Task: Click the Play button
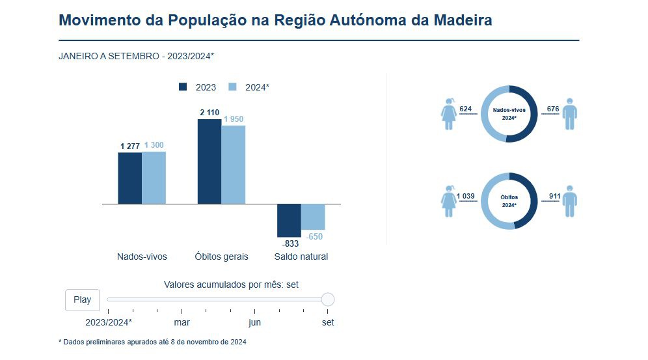pos(82,300)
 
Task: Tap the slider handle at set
pos(328,299)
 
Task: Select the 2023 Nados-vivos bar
pos(129,178)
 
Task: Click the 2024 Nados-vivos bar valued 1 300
pos(154,178)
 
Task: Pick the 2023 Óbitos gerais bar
pos(209,161)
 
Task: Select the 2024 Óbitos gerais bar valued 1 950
pos(234,165)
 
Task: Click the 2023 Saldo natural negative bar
pos(289,220)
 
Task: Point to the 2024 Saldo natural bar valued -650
pos(313,217)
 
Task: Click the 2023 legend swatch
pos(183,87)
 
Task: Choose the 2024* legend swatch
pos(233,87)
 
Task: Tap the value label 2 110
pos(209,113)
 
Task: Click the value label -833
pos(290,243)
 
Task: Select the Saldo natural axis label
pos(301,256)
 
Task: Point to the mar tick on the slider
pos(182,322)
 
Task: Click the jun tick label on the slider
pos(255,322)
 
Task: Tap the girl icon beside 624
pos(448,114)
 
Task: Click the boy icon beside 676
pos(571,114)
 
